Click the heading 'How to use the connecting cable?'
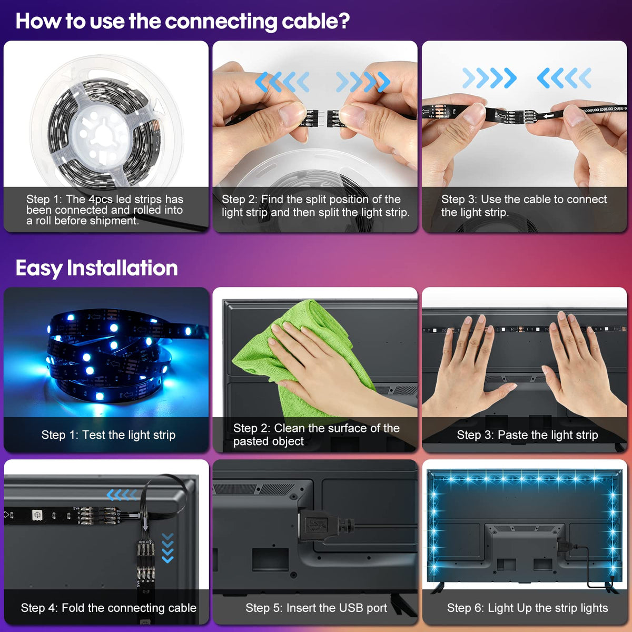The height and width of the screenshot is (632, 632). coord(183,22)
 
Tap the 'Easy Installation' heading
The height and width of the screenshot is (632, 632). coord(97,268)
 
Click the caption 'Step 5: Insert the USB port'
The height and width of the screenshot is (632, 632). coord(316,608)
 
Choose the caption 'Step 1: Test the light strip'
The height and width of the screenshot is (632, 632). coord(108,435)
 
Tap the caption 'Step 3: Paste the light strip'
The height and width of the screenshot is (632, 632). coord(527,435)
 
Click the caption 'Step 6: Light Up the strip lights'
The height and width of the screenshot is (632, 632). coord(527,608)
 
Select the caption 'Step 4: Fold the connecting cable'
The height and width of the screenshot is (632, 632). coord(108,608)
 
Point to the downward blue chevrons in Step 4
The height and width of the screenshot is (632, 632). coord(167,548)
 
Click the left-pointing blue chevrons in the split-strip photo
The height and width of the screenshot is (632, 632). coord(282,82)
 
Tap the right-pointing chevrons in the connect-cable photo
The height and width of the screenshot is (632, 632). coord(489,78)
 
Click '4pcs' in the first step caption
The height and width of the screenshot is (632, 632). coord(101,200)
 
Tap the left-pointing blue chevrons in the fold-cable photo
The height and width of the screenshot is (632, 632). coord(122,495)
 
